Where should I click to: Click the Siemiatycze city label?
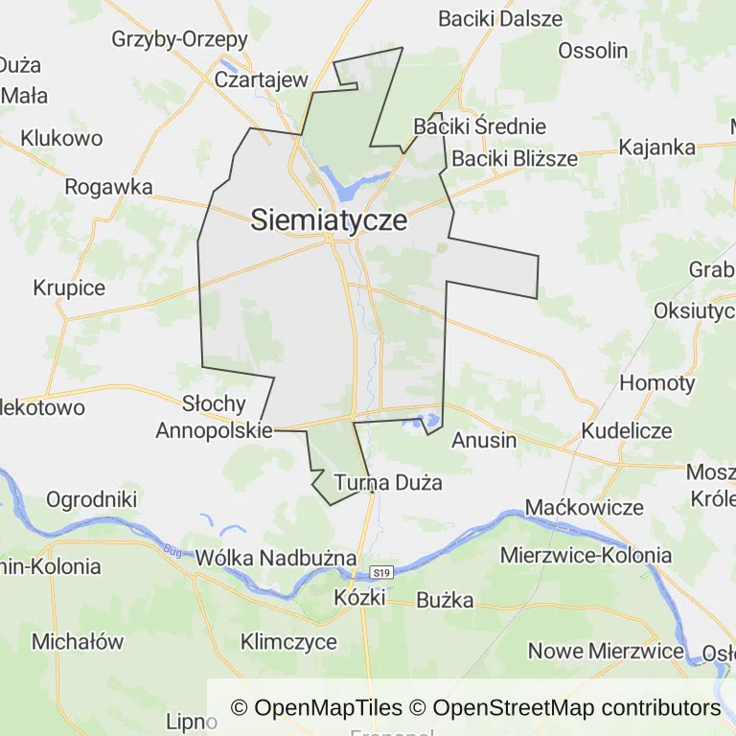tap(329, 221)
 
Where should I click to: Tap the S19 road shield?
tap(382, 572)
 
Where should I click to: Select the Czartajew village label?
tap(261, 80)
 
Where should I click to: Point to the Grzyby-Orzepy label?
tap(180, 39)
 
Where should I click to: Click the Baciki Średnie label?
tap(479, 126)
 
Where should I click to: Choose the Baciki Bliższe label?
tap(515, 158)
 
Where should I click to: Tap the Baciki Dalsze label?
tap(500, 18)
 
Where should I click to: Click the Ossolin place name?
tap(592, 51)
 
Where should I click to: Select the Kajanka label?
tap(656, 148)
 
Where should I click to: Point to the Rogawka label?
tap(108, 187)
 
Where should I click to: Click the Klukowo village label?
tap(61, 138)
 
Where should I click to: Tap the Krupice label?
tap(69, 287)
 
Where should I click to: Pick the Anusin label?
tap(483, 441)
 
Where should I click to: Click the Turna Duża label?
tap(388, 482)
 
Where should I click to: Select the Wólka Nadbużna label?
tap(276, 558)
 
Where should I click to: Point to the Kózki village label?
tap(359, 597)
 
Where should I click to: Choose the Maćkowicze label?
tap(585, 507)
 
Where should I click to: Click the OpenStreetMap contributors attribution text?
tap(576, 708)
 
